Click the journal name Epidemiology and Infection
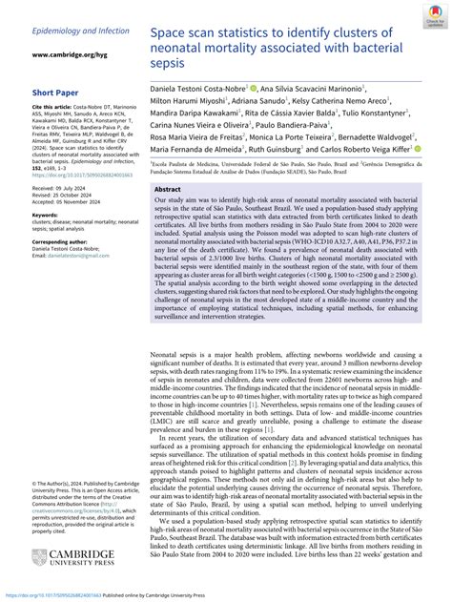[66, 31]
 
